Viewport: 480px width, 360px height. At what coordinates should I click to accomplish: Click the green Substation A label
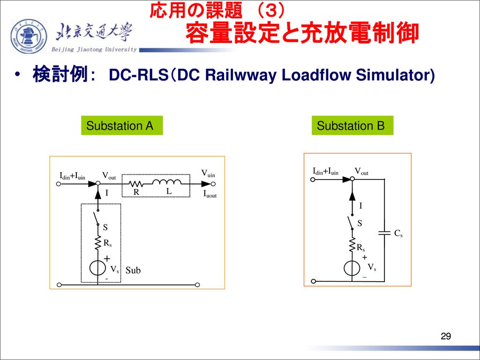122,126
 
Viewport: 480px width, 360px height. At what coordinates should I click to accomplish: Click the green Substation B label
352,126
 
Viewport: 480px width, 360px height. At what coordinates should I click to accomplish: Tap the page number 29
446,337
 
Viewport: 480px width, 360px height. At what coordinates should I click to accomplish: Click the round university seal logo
29,37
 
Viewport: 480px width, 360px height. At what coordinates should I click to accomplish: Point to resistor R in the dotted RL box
136,184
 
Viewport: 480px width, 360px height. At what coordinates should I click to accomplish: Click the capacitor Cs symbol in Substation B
384,233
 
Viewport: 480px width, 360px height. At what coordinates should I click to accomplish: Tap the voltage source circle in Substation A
97,268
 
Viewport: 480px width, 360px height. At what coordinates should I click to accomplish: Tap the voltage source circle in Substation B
352,269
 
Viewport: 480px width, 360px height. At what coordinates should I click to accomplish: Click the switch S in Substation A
97,218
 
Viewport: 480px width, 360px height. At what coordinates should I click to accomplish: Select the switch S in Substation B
351,222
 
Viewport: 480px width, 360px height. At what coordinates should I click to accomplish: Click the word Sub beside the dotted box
133,270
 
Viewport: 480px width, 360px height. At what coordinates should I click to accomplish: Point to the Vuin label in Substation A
208,174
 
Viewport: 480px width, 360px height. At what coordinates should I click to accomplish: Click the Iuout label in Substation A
210,194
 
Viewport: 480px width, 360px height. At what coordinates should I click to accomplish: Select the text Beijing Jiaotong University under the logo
94,50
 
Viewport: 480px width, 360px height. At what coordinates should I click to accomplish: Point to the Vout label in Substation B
361,172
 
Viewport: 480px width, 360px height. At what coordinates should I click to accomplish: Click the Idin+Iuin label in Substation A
72,176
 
